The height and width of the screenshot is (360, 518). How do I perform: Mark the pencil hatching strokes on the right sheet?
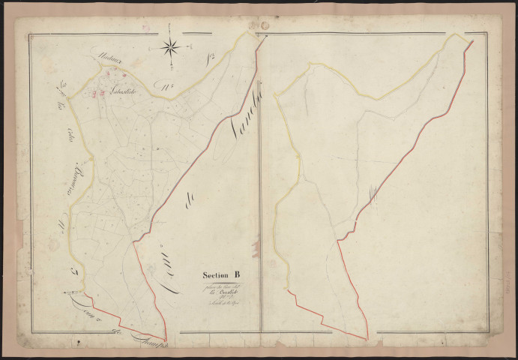[x=372, y=196]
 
